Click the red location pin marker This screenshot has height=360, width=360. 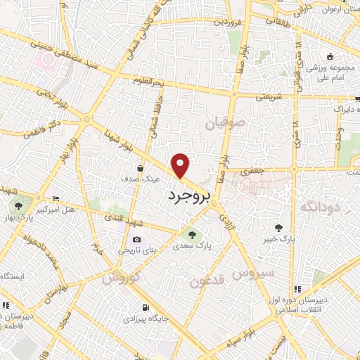pyautogui.click(x=181, y=165)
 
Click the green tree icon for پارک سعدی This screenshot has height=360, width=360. pyautogui.click(x=190, y=235)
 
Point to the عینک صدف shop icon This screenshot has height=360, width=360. pyautogui.click(x=141, y=169)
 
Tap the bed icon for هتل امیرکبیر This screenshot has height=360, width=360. pyautogui.click(x=56, y=200)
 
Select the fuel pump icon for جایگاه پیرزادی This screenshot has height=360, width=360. pyautogui.click(x=146, y=308)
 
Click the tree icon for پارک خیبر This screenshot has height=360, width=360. pyautogui.click(x=280, y=227)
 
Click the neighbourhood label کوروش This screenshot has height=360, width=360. pyautogui.click(x=117, y=278)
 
